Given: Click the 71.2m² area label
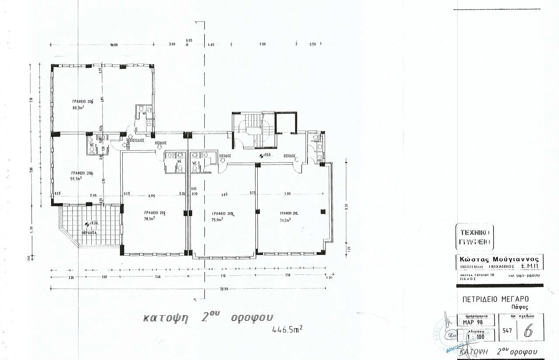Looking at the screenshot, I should [286, 219].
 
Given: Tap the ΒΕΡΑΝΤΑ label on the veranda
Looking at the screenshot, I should [89, 233].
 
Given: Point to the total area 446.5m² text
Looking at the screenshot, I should [287, 328].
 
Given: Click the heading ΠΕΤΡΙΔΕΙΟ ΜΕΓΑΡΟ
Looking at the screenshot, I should [495, 299].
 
